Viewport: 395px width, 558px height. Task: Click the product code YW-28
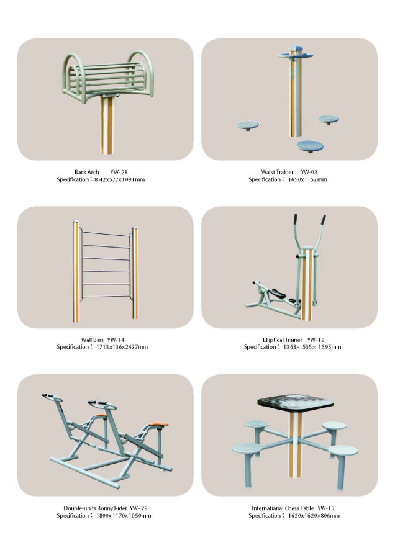(119, 172)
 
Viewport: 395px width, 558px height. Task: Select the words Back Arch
(86, 172)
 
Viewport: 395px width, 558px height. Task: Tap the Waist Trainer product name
(277, 172)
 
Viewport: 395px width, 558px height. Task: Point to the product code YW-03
(309, 172)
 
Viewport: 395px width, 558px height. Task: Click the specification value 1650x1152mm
(307, 180)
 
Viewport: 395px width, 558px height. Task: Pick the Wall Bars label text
(93, 340)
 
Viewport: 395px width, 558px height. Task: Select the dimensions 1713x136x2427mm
(122, 347)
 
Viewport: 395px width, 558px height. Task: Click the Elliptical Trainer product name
(283, 340)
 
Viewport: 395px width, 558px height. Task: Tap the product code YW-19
(316, 340)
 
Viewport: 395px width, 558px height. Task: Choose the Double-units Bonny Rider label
(96, 508)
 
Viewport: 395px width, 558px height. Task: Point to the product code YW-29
(138, 508)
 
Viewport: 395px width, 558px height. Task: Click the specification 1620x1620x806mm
(314, 516)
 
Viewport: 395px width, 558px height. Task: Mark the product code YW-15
(326, 508)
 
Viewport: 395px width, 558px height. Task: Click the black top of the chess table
(295, 403)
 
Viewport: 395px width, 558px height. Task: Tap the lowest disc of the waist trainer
(310, 145)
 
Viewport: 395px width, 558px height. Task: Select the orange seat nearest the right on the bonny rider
(158, 424)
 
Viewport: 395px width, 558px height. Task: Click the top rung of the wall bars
(106, 233)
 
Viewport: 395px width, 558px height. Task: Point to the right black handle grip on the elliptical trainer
(323, 220)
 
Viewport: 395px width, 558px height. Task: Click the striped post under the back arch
(107, 125)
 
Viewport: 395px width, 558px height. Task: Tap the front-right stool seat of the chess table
(342, 450)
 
